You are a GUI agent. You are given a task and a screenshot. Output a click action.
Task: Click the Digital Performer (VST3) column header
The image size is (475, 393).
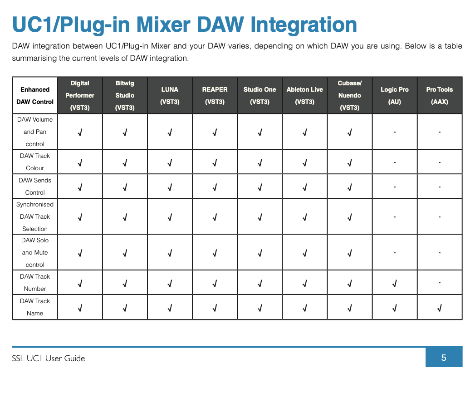80,95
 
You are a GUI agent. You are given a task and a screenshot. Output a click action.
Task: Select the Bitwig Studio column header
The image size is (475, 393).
125,95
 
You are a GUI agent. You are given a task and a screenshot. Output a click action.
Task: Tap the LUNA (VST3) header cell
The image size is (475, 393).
170,95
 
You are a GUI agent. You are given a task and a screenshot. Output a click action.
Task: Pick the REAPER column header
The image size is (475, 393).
215,95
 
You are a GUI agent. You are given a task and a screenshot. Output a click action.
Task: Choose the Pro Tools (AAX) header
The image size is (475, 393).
440,95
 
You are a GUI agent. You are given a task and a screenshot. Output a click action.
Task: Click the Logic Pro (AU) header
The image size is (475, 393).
394,95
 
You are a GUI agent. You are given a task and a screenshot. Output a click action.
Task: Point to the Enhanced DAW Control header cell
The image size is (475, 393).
35,95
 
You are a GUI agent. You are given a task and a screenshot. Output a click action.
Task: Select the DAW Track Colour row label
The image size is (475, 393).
35,162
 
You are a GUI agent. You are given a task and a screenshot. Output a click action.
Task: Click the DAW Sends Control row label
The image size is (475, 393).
35,187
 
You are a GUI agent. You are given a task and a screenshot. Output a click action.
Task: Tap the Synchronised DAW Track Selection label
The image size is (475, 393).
35,216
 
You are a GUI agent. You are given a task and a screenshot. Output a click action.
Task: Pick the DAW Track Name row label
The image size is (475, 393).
35,307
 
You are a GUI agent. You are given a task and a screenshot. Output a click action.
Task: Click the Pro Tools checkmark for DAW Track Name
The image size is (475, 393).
440,308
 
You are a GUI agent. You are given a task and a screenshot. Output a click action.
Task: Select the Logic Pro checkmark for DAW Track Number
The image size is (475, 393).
394,284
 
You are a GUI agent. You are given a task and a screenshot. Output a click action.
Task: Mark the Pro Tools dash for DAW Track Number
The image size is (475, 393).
440,283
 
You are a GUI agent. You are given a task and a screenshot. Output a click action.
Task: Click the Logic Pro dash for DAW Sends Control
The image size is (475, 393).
394,187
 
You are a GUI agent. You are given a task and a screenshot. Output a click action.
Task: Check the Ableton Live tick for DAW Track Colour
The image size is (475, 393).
305,163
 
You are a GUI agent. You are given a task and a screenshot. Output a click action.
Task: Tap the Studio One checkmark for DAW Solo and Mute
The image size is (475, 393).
260,253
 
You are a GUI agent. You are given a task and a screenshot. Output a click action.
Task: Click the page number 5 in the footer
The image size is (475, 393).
444,358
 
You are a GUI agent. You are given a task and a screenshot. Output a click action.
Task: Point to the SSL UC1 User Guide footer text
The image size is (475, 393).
49,359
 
